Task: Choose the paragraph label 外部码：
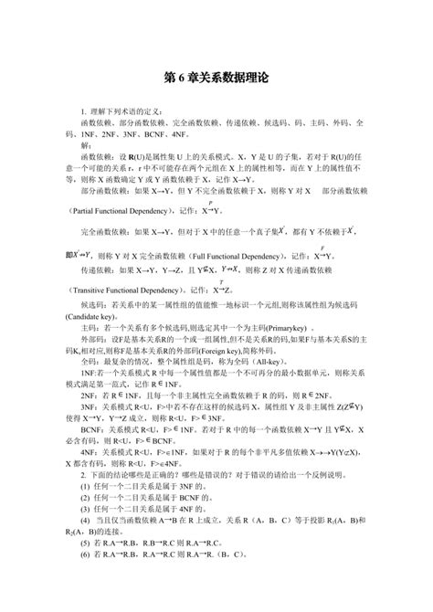pos(95,337)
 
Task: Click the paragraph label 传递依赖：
pos(100,271)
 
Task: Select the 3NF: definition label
pos(91,406)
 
